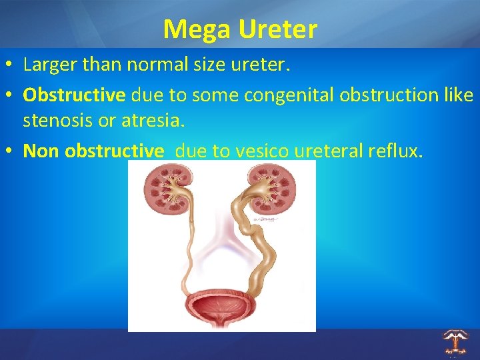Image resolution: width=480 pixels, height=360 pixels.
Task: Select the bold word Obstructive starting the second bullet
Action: click(74, 95)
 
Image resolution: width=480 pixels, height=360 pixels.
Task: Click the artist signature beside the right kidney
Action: click(268, 218)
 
